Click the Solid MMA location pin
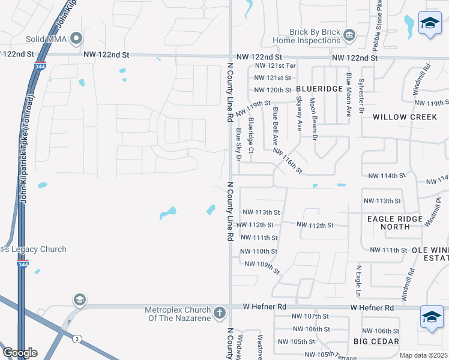click(x=76, y=39)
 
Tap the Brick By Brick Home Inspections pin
click(x=349, y=37)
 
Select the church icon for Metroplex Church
click(x=220, y=313)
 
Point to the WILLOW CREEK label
click(x=405, y=117)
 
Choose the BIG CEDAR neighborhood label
click(x=376, y=341)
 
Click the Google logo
click(x=19, y=353)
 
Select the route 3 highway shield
click(x=77, y=339)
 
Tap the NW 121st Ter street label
click(x=276, y=66)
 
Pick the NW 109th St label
click(x=262, y=268)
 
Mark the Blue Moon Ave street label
click(x=348, y=94)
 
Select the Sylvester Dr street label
click(x=361, y=94)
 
